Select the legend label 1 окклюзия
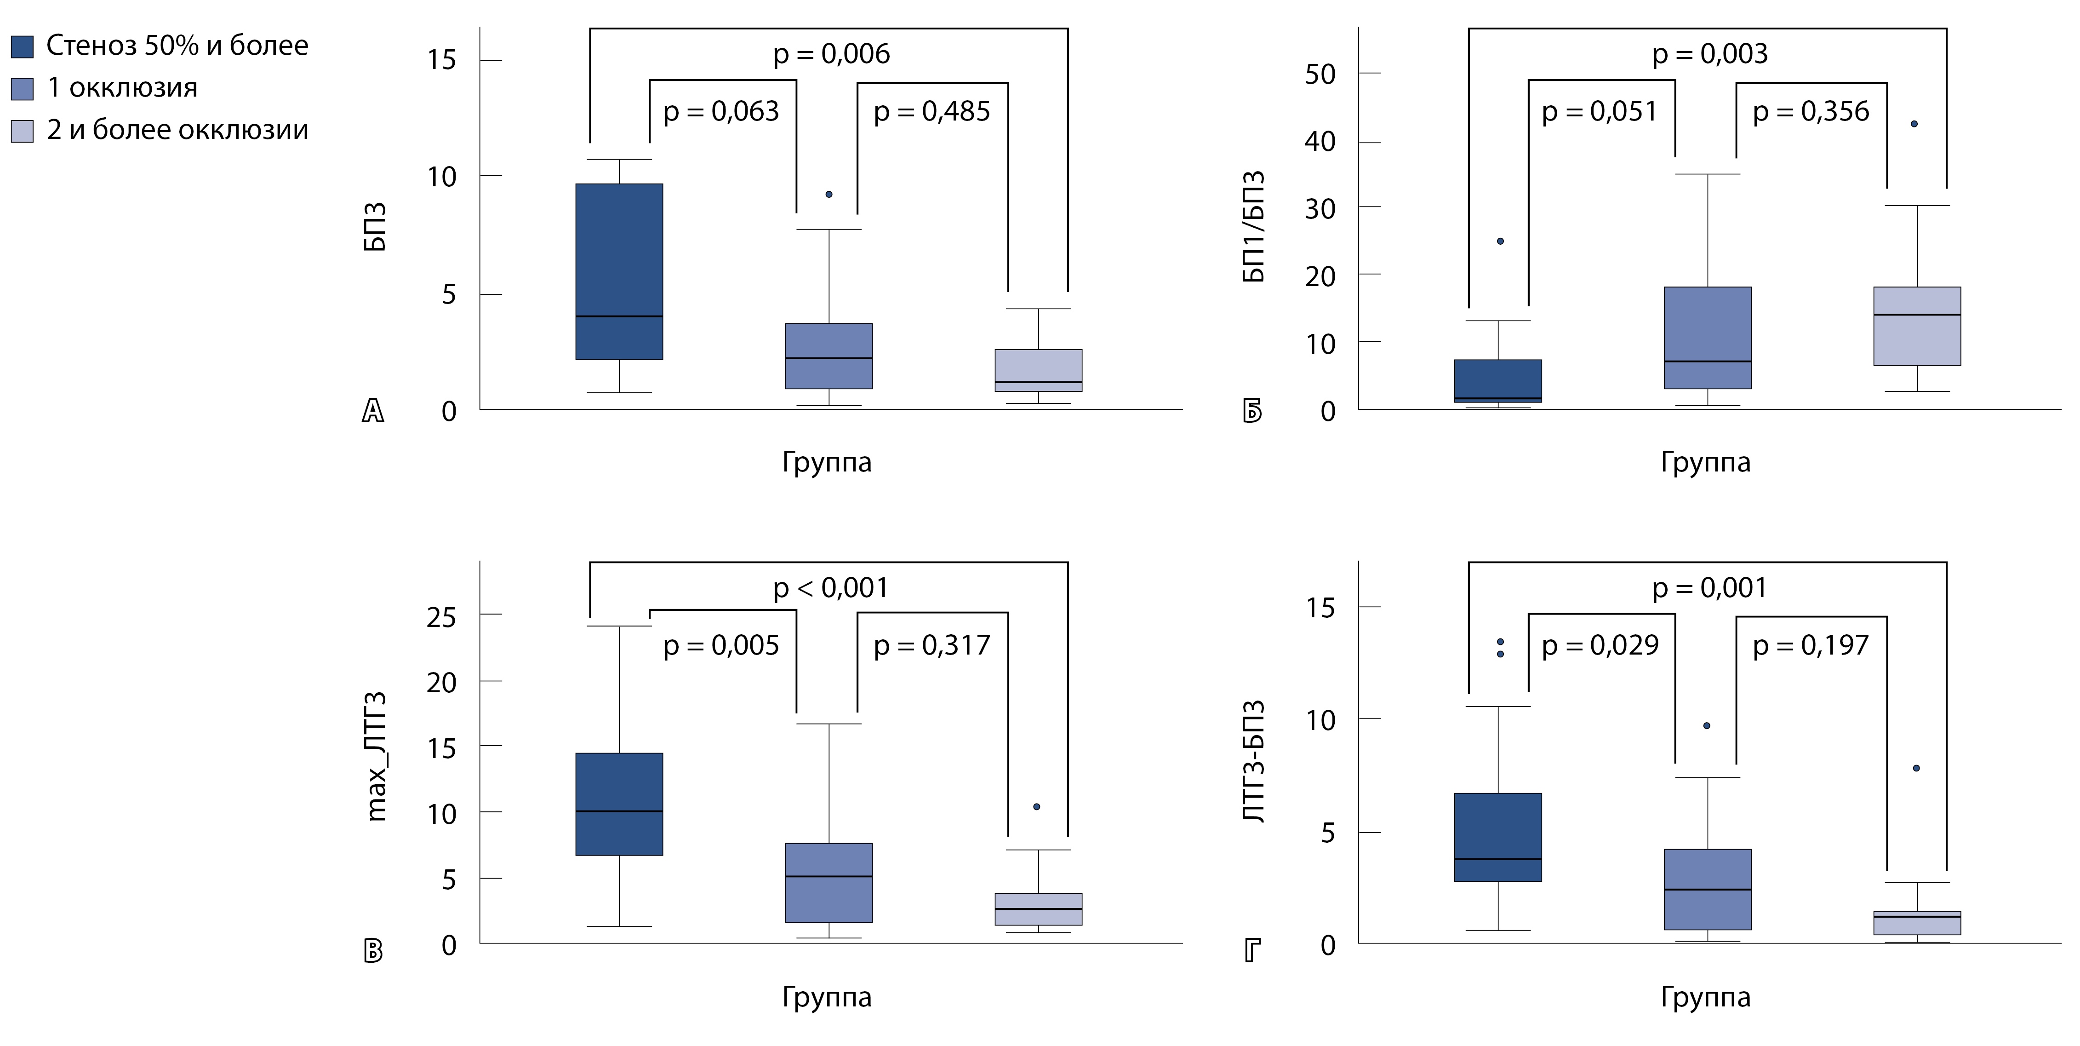(122, 88)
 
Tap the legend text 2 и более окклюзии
(177, 130)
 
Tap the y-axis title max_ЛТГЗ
(376, 757)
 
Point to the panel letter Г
(1251, 951)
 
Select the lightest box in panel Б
(1917, 326)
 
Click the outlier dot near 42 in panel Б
(1914, 124)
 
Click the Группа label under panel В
(826, 997)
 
